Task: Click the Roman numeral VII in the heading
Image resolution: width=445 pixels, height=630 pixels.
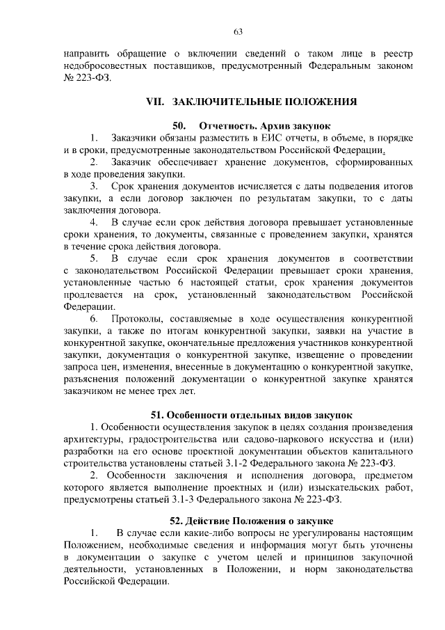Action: [154, 102]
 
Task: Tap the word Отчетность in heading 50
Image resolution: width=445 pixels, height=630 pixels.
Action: [226, 127]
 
